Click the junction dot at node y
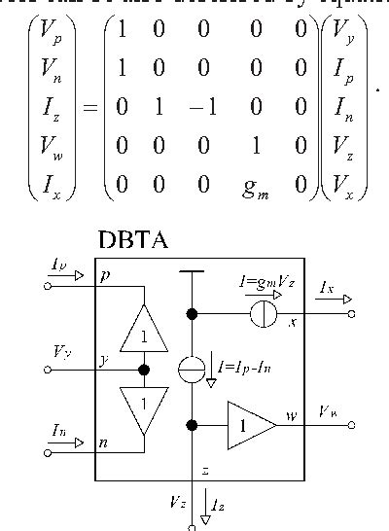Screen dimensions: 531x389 pyautogui.click(x=143, y=370)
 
